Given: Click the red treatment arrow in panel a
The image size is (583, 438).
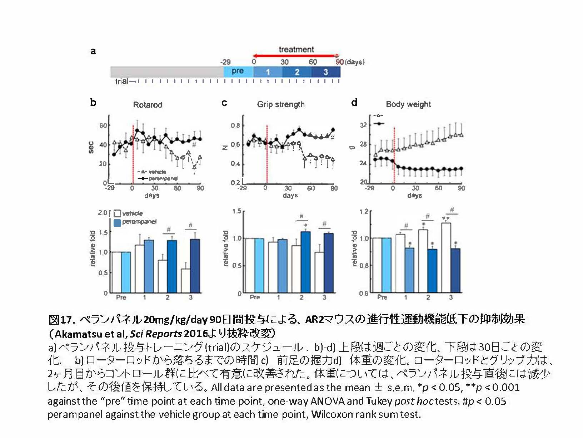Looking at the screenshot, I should [296, 56].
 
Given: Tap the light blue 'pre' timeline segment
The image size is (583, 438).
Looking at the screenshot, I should [238, 72].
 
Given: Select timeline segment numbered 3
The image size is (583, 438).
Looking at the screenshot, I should [325, 72].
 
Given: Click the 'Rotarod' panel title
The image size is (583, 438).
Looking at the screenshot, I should [148, 105].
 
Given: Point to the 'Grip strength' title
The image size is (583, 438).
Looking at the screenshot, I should [281, 104].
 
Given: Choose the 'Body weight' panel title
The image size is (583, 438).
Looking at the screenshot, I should [408, 104].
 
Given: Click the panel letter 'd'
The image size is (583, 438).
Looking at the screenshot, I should [354, 103].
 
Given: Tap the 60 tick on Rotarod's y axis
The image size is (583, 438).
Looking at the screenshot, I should [103, 126].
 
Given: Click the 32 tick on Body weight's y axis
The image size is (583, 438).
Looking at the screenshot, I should [363, 125].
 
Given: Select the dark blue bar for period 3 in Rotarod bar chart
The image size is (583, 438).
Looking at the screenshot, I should [195, 266].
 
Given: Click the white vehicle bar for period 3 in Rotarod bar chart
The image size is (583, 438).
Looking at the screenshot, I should [185, 281].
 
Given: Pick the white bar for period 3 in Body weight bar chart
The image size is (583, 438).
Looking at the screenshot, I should [446, 257].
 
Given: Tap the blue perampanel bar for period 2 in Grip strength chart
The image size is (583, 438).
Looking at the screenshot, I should [305, 262].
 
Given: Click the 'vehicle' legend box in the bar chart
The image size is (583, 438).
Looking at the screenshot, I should [117, 213].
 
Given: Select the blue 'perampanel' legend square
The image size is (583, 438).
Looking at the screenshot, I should [117, 222].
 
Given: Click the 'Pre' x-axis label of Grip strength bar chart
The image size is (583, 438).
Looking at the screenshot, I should [255, 297].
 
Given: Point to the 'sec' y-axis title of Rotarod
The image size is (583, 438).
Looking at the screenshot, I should [91, 147].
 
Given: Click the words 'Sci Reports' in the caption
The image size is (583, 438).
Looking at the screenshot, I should [156, 334].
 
